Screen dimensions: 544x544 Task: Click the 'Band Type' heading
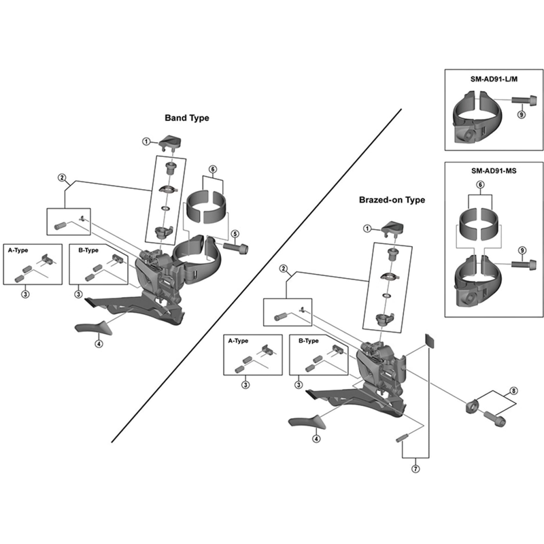pyautogui.click(x=187, y=118)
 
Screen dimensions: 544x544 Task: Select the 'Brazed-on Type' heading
pyautogui.click(x=392, y=200)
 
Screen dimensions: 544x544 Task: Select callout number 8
pyautogui.click(x=513, y=391)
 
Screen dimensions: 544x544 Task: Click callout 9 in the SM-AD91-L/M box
pyautogui.click(x=522, y=115)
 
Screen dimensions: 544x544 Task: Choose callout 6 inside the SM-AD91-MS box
pyautogui.click(x=480, y=185)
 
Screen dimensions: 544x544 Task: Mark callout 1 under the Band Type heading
pyautogui.click(x=146, y=141)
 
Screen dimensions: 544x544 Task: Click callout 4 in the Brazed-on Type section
pyautogui.click(x=316, y=439)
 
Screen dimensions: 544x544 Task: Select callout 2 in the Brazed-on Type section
pyautogui.click(x=283, y=269)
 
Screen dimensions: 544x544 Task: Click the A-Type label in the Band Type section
pyautogui.click(x=18, y=250)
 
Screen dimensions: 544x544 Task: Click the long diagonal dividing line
pyautogui.click(x=258, y=272)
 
